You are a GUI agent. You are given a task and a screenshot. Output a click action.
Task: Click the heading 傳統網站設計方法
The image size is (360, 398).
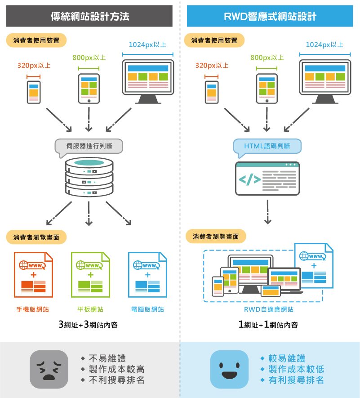tap(90, 17)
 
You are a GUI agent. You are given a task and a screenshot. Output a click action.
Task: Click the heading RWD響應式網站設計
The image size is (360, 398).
tap(270, 17)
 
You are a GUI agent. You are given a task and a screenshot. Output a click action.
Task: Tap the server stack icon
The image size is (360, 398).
tap(89, 176)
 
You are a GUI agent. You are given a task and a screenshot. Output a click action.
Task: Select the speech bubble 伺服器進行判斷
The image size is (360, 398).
tap(88, 146)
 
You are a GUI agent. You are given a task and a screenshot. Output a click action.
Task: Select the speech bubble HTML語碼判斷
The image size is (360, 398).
tap(267, 146)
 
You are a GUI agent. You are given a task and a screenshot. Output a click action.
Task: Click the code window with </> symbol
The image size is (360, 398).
tap(267, 179)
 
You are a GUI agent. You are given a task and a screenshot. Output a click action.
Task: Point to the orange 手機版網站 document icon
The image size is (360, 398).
tap(33, 274)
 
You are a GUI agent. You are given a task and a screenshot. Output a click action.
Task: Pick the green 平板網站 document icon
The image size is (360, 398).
tap(90, 274)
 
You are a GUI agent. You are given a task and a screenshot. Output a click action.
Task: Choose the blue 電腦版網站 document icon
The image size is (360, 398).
tap(147, 274)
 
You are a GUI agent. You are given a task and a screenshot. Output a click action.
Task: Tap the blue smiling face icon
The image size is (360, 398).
tap(229, 369)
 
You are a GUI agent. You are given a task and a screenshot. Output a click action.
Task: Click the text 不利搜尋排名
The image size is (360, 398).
tap(116, 380)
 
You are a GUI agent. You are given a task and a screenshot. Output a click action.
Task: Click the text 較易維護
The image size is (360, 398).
tap(287, 358)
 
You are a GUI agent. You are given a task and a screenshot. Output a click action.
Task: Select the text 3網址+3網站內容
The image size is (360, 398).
tap(88, 325)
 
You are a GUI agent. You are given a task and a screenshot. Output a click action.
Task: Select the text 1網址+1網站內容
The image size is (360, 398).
tap(268, 325)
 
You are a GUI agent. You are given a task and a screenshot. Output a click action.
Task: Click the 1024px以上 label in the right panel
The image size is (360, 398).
tap(324, 45)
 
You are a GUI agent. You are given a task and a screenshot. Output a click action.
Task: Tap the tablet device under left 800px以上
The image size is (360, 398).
tap(89, 89)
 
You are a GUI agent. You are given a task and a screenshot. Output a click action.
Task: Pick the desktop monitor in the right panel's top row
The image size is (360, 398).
tap(325, 81)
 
